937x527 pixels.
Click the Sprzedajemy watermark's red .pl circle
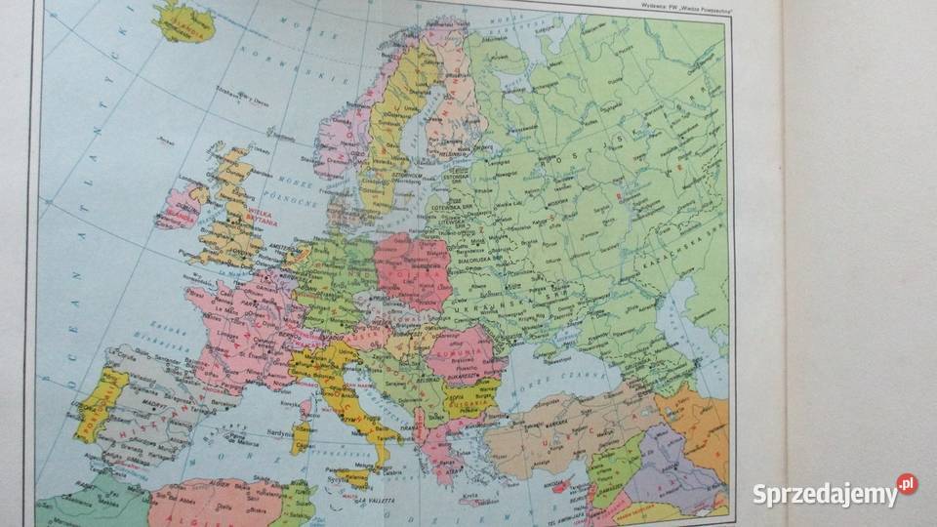907,484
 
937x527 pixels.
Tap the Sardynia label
274,429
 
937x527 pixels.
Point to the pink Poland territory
412,268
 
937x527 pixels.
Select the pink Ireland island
181,207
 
